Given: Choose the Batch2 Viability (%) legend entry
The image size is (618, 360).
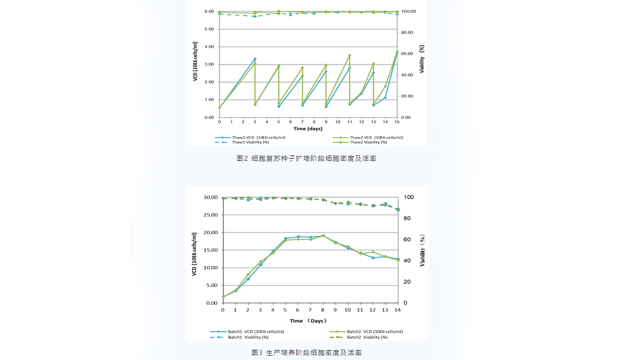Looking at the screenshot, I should (x=367, y=337).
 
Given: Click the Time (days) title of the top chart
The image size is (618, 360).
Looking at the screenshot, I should (x=308, y=129).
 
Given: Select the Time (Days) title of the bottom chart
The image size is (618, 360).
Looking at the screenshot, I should (x=308, y=321).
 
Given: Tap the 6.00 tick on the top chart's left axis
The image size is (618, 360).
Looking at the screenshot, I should (x=209, y=11).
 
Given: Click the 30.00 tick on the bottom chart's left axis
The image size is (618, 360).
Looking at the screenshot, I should (x=211, y=197).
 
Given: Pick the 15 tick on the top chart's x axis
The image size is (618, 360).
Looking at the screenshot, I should (x=397, y=122).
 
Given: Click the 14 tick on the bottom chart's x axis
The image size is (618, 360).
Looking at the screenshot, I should (x=397, y=310).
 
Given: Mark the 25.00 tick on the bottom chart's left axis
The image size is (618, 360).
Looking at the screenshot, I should (x=211, y=215).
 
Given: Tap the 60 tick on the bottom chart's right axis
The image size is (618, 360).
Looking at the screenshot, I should (x=407, y=240).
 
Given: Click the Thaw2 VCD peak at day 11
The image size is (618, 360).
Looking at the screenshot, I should (x=349, y=55).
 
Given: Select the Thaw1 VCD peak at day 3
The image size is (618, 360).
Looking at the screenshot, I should (x=255, y=59).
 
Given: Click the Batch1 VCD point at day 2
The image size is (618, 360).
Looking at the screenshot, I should (x=248, y=279).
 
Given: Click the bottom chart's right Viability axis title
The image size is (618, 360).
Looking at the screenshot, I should (x=422, y=251).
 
